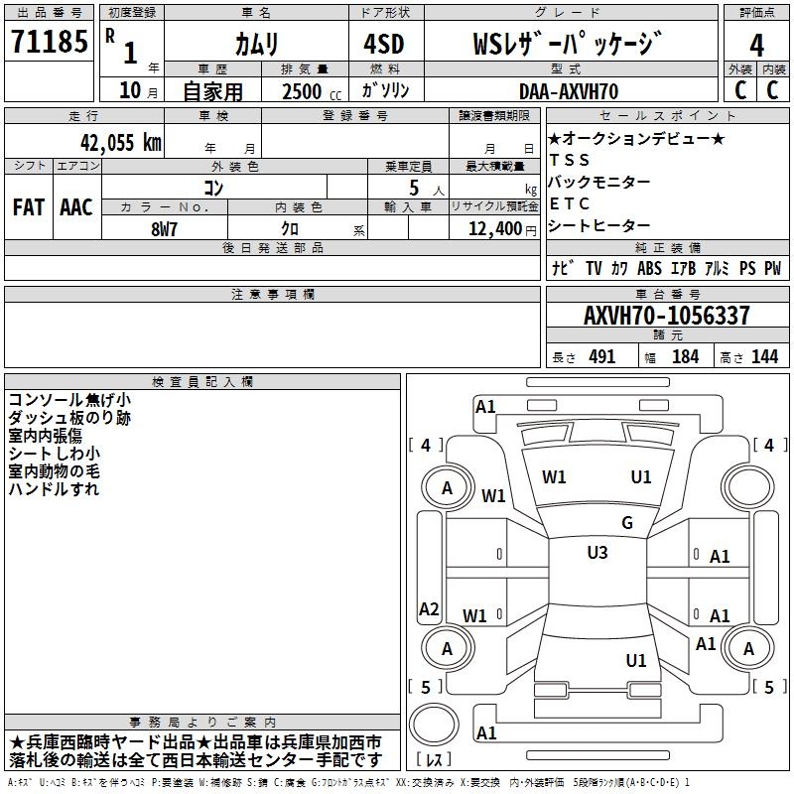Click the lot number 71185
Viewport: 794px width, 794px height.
(49, 43)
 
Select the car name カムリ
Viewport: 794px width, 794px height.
(256, 44)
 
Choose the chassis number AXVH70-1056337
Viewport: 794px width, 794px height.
(666, 316)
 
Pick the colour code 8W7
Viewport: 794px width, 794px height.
(164, 228)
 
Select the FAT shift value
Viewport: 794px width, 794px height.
(28, 207)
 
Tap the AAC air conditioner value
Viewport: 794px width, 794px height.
(75, 207)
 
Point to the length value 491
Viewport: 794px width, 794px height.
(601, 357)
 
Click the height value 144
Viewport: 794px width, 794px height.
(764, 357)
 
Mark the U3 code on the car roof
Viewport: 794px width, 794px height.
(597, 553)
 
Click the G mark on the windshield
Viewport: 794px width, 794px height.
(627, 523)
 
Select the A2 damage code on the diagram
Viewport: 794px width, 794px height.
(429, 609)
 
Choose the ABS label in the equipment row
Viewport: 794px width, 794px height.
(649, 268)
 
